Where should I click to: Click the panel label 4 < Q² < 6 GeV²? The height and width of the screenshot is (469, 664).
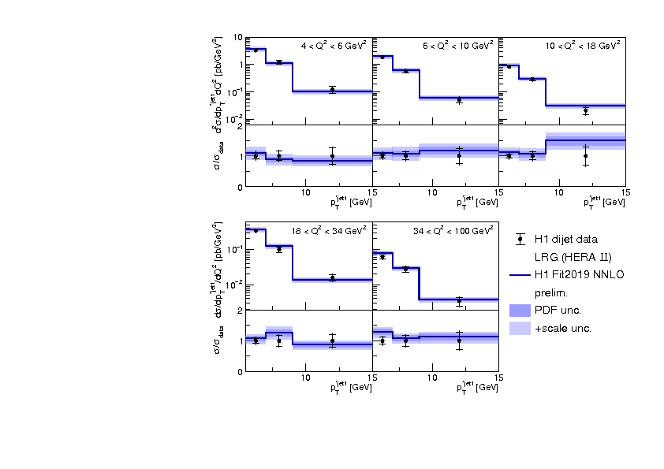pos(334,46)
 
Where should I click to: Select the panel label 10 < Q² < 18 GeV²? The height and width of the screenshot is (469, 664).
pos(584,46)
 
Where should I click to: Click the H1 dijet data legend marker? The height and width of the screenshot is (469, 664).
pos(520,239)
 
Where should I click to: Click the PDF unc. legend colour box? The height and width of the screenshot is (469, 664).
pos(520,311)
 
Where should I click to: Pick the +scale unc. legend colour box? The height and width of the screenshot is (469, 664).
pos(520,328)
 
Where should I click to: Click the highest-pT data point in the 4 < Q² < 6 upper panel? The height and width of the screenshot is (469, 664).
pos(332,89)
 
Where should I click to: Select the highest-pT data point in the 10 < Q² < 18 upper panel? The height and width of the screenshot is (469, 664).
pos(585,111)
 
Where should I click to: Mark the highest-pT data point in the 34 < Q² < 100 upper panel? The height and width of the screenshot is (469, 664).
pos(459,300)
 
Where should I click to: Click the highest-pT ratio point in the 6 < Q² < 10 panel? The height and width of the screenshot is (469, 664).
pos(459,156)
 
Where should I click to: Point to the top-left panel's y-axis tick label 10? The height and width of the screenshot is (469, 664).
pos(237,37)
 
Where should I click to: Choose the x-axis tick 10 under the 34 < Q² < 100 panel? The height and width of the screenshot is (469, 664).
pos(432,378)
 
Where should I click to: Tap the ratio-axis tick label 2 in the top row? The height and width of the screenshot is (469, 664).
pos(239,126)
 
